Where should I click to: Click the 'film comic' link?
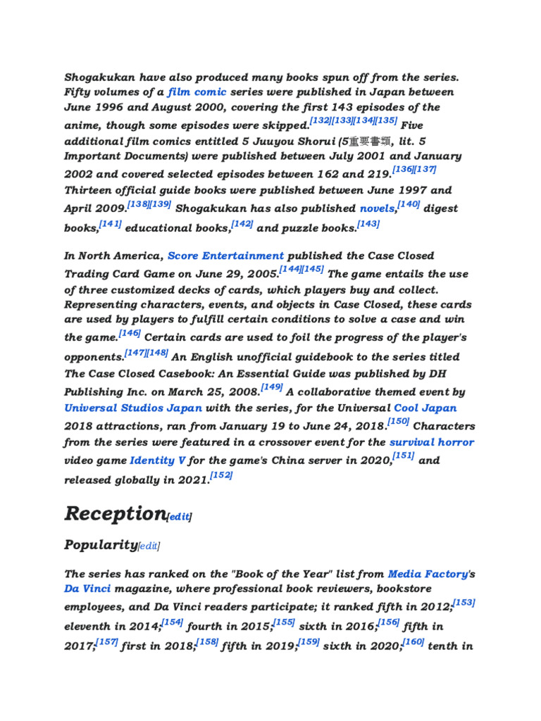(x=197, y=92)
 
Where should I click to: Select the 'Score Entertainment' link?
(x=225, y=256)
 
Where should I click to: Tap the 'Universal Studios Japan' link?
(x=133, y=408)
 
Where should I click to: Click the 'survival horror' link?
(x=432, y=442)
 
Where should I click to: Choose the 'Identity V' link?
(x=158, y=460)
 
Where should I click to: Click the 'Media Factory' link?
(x=428, y=574)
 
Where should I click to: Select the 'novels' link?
(x=377, y=208)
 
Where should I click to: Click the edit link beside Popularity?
(x=149, y=546)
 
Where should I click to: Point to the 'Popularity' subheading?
(x=100, y=544)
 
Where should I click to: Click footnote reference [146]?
(x=130, y=334)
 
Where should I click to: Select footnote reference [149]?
(x=272, y=387)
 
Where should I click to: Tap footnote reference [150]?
(x=399, y=421)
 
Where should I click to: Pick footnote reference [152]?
(x=221, y=475)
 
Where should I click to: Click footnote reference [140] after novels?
(x=409, y=204)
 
